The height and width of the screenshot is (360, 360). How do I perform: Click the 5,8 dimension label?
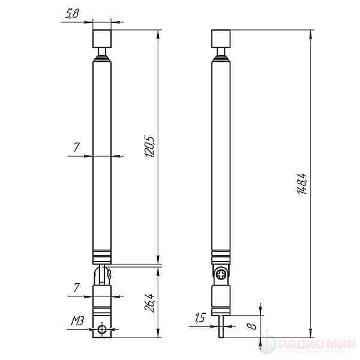click(72, 14)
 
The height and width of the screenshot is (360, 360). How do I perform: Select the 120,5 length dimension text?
click(149, 146)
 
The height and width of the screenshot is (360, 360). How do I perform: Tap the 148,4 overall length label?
click(302, 184)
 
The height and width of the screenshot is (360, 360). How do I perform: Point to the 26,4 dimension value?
click(149, 303)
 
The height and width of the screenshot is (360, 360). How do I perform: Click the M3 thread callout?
click(77, 321)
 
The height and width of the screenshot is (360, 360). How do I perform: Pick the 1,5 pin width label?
click(200, 318)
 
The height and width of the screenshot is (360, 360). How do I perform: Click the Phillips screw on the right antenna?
click(221, 275)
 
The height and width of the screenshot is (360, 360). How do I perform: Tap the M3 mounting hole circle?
click(102, 329)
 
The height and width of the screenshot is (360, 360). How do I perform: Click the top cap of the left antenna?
click(102, 39)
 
